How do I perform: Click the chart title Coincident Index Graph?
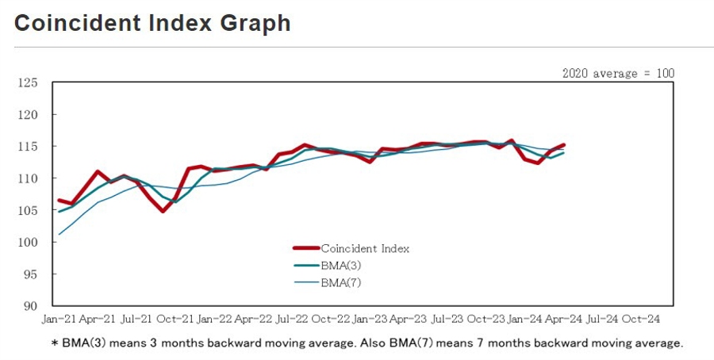(x=152, y=24)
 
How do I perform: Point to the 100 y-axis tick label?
(x=28, y=242)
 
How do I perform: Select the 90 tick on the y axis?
(x=31, y=306)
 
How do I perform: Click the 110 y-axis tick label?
(x=28, y=178)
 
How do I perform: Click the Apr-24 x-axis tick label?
(x=562, y=319)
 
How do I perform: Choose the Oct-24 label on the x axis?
(x=639, y=319)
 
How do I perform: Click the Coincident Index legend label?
(x=365, y=249)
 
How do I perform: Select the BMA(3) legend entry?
(x=342, y=266)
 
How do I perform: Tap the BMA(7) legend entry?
(x=342, y=282)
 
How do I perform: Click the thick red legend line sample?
(x=305, y=249)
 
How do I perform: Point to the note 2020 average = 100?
(x=618, y=73)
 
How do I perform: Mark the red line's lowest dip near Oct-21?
(x=163, y=211)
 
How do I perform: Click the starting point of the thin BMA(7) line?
(x=59, y=234)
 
